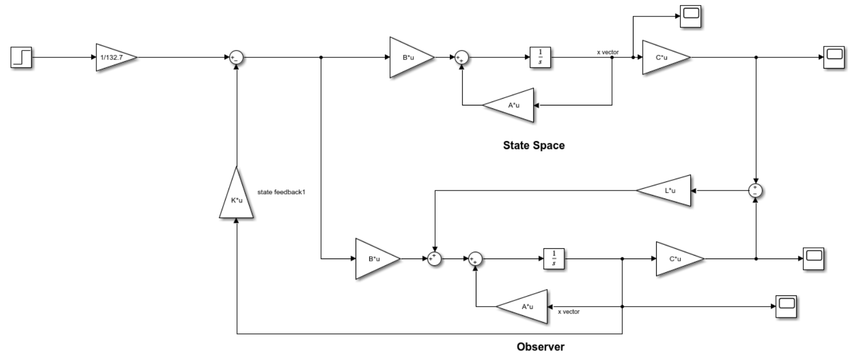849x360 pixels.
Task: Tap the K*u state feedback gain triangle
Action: point(235,194)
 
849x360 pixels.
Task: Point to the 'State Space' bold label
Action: point(534,146)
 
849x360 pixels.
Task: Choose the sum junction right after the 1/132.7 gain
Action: point(235,57)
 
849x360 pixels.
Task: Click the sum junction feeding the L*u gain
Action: point(756,191)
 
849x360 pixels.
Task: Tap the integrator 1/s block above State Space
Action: point(540,57)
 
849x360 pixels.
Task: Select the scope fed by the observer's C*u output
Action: point(813,259)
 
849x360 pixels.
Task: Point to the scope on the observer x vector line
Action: point(785,306)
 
